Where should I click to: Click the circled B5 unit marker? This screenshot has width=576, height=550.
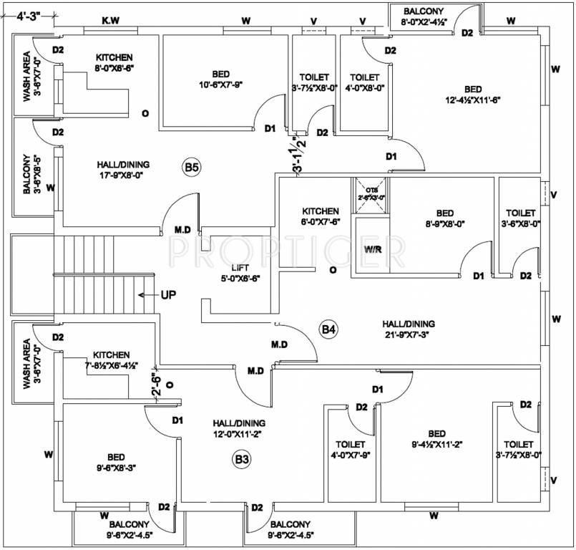191,168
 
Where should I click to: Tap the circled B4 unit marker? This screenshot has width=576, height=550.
328,329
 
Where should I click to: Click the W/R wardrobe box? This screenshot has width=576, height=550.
371,250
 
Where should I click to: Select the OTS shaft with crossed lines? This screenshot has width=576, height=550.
371,193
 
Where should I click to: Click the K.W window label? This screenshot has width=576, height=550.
110,21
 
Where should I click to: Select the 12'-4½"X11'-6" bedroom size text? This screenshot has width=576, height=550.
471,100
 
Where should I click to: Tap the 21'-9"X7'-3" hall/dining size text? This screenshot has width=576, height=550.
408,334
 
